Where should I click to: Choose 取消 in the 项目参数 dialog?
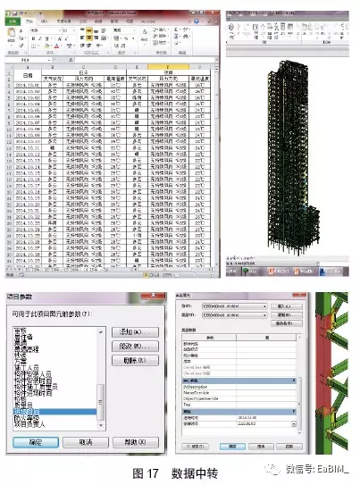81,441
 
